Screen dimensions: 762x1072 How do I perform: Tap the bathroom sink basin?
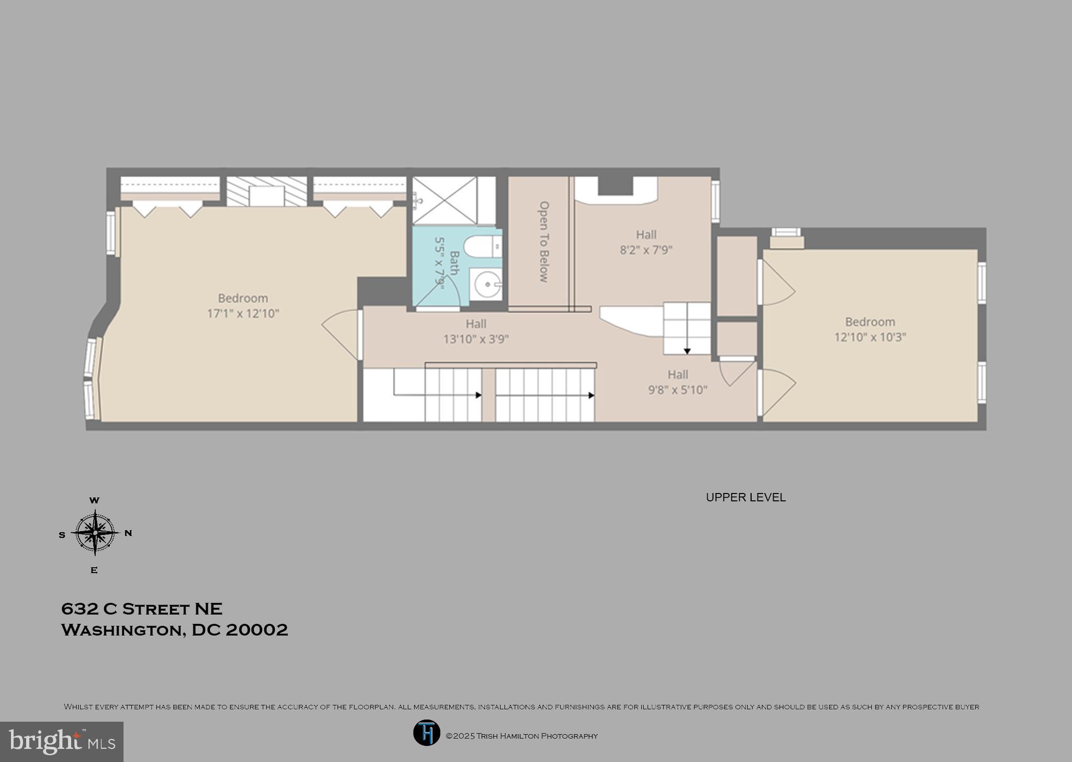tap(486, 285)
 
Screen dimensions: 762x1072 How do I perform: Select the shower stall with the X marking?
tap(445, 200)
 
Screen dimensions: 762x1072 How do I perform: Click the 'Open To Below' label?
tap(544, 242)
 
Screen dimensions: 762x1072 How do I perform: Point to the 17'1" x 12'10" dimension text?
tap(243, 313)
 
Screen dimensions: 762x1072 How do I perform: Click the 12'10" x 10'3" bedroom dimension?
tap(870, 337)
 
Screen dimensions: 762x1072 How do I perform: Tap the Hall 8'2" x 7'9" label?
tap(646, 242)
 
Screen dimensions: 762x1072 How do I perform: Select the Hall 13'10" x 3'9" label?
tap(476, 331)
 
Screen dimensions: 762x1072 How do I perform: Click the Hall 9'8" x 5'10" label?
tap(677, 382)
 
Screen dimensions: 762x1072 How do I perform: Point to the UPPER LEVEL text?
tap(745, 497)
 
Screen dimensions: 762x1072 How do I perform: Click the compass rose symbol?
tap(95, 533)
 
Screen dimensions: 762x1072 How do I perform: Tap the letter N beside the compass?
tap(128, 533)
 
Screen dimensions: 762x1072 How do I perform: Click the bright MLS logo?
tap(62, 742)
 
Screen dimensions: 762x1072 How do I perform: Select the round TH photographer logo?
tap(427, 733)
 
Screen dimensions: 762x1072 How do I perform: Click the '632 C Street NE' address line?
tap(142, 609)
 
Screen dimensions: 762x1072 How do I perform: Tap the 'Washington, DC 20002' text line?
tap(174, 630)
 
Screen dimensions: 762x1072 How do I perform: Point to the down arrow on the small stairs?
tap(687, 351)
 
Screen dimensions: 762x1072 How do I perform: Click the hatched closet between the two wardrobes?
tap(266, 191)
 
